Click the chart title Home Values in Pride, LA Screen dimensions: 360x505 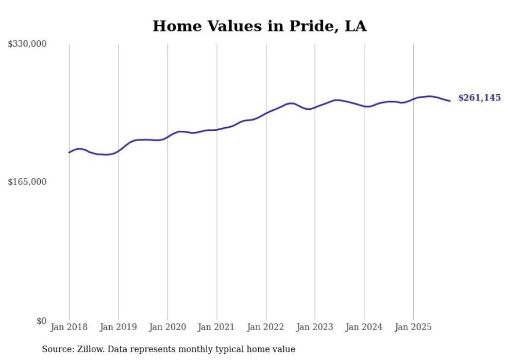coord(259,26)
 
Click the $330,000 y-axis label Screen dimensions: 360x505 coord(27,44)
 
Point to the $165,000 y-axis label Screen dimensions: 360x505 coord(27,182)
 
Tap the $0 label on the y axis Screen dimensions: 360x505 coord(41,321)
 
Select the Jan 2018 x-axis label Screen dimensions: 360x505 coord(69,327)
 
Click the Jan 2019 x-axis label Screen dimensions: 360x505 coord(118,327)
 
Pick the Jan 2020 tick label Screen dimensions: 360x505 coord(167,327)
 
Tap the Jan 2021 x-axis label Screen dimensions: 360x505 coord(216,327)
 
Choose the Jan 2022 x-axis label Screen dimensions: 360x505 coord(266,327)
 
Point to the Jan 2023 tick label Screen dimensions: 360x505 coord(315,327)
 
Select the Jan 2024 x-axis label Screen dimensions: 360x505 coord(364,327)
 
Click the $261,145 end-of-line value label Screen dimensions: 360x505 coord(479,98)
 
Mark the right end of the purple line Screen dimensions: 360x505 coord(450,101)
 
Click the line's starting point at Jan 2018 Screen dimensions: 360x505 coord(69,152)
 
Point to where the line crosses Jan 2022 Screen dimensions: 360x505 coord(266,113)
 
